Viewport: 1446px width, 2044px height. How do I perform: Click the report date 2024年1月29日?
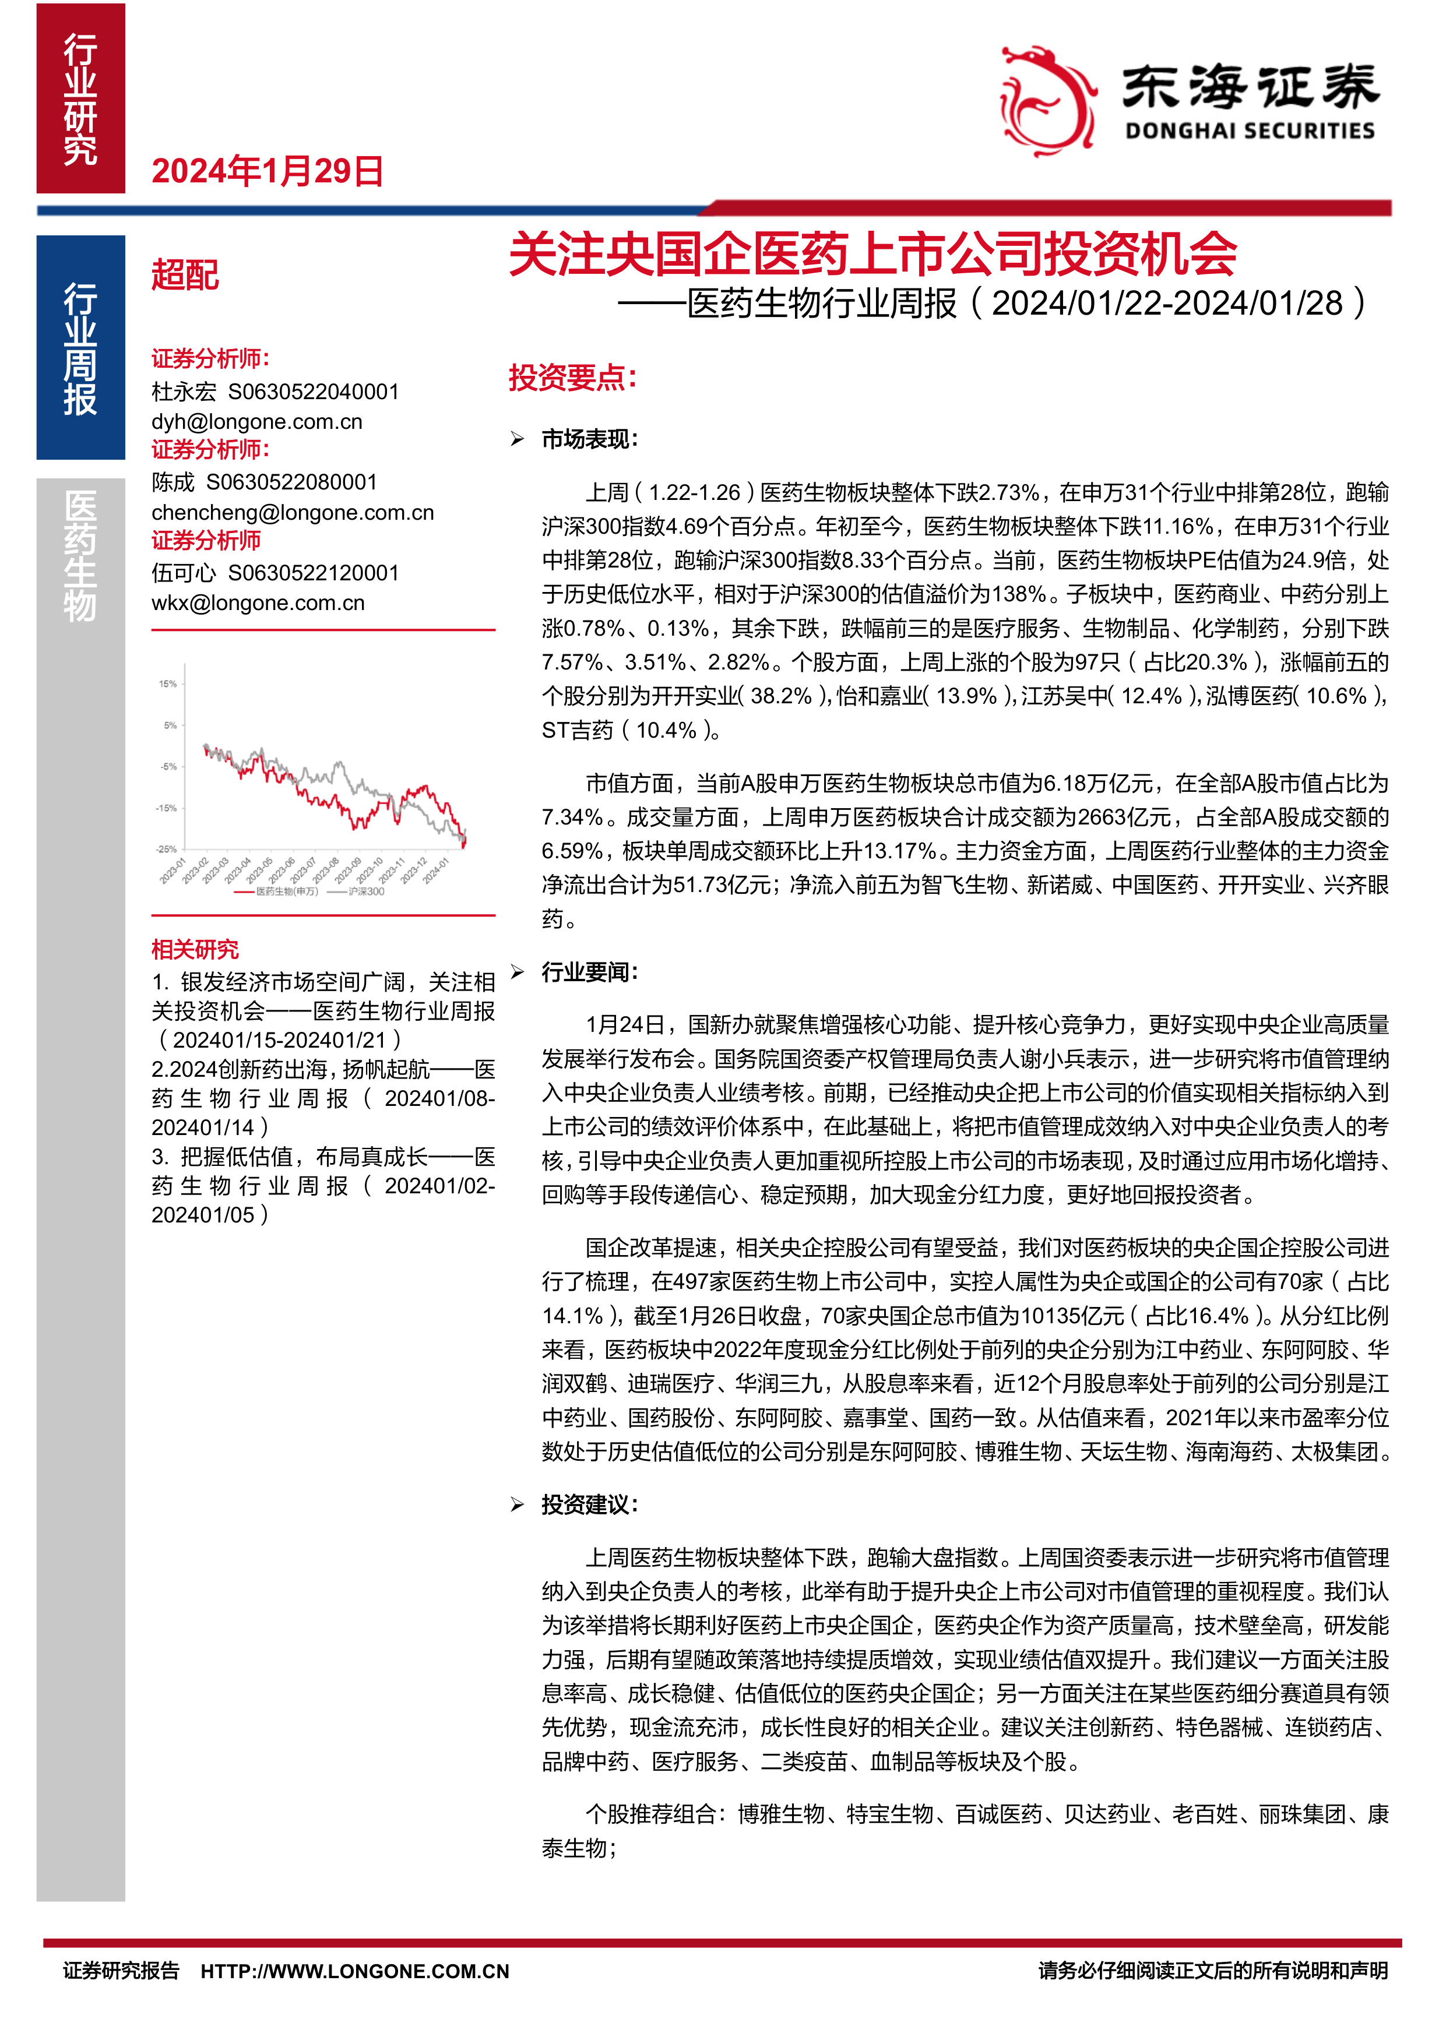(x=267, y=171)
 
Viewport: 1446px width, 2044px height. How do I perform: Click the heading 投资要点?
(x=572, y=378)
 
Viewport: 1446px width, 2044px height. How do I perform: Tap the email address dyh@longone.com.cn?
(x=256, y=422)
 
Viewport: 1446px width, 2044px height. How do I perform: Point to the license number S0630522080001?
(x=292, y=482)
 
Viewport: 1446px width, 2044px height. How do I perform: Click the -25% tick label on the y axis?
(x=167, y=850)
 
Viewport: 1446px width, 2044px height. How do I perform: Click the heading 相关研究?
(x=195, y=949)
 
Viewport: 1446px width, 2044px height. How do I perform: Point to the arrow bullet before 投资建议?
(x=518, y=1504)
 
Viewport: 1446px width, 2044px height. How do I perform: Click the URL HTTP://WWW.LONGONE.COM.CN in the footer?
(x=354, y=1971)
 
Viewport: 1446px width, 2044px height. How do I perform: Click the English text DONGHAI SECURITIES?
(x=1249, y=131)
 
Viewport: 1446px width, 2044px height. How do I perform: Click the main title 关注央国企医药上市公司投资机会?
(x=872, y=255)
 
